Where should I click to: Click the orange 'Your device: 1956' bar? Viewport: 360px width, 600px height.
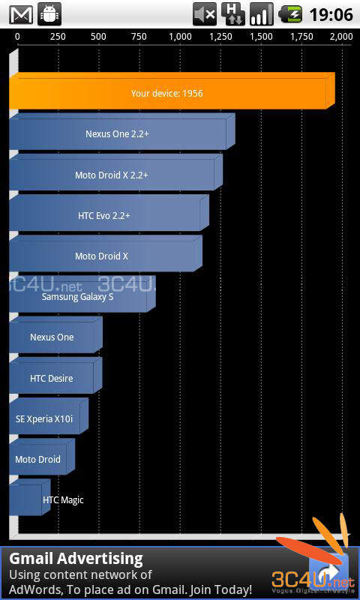point(172,91)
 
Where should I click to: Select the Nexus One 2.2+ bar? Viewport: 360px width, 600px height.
point(122,131)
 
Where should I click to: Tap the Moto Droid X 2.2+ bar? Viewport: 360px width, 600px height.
point(116,172)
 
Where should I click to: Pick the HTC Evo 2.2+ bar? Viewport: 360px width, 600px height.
point(109,213)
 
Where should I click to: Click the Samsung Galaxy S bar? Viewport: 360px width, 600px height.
point(82,294)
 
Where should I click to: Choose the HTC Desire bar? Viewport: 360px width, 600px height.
point(55,376)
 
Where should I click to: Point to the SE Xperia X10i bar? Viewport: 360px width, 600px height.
point(49,416)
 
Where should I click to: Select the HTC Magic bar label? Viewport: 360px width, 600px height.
point(63,499)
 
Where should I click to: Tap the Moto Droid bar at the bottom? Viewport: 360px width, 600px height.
point(42,457)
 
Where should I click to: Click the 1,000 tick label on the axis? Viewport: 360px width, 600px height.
point(180,37)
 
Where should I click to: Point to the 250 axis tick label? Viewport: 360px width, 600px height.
point(58,37)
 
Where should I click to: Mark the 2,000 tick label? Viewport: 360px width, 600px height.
point(340,37)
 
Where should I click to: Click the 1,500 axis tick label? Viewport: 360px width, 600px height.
point(261,37)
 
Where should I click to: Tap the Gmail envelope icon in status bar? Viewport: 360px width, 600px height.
point(22,14)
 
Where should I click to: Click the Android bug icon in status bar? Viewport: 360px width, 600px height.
point(49,14)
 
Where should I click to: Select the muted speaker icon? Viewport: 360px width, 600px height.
point(205,14)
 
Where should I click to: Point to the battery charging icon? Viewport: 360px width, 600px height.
point(290,14)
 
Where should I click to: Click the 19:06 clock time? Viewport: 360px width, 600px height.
point(331,14)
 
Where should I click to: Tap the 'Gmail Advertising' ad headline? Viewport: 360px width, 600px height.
point(76,559)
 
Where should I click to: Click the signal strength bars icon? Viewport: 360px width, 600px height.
point(262,14)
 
